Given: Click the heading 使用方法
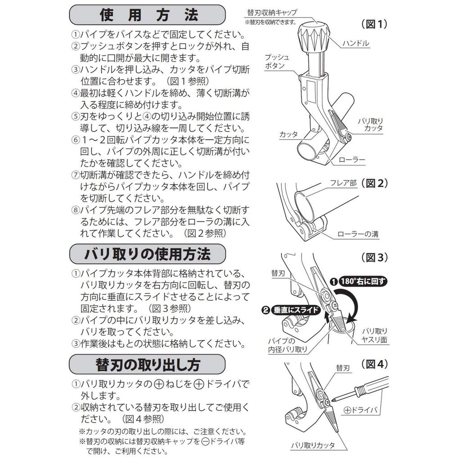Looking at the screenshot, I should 147,15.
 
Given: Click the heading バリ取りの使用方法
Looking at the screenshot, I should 147,254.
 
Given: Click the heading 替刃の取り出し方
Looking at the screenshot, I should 147,364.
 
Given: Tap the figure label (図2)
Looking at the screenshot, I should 375,183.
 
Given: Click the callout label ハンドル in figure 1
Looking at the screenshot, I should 356,43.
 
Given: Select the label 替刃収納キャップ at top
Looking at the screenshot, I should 272,13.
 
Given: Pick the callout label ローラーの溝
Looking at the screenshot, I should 358,234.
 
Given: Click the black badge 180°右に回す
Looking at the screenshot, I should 358,281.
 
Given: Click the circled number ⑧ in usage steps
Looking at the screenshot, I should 75,210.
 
